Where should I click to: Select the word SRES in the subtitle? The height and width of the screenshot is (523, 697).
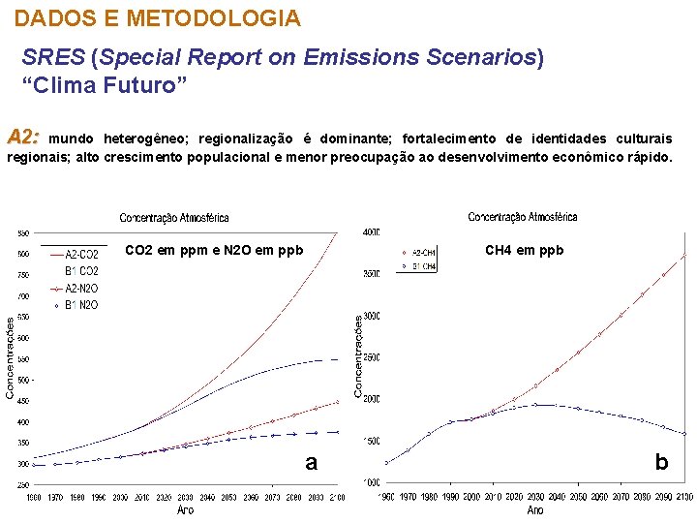[53, 58]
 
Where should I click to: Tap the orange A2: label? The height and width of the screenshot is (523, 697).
[23, 136]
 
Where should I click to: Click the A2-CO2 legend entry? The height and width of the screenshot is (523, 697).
[81, 255]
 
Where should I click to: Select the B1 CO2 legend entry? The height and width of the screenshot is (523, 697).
[81, 271]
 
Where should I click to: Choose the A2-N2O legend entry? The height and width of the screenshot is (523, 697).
[81, 288]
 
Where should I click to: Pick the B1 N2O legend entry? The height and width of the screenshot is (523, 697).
[81, 305]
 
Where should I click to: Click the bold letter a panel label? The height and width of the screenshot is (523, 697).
[311, 463]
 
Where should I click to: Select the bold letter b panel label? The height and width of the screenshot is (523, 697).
[661, 463]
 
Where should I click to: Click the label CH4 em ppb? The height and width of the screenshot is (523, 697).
[524, 251]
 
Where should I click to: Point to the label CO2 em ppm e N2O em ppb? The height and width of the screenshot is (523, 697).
[214, 251]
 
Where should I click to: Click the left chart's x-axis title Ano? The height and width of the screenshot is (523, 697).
[185, 509]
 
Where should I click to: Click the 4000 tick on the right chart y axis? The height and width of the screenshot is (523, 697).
[371, 232]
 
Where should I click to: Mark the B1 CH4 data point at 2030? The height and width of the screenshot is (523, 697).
[535, 405]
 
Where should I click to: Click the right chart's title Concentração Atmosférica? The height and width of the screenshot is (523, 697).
[523, 217]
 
